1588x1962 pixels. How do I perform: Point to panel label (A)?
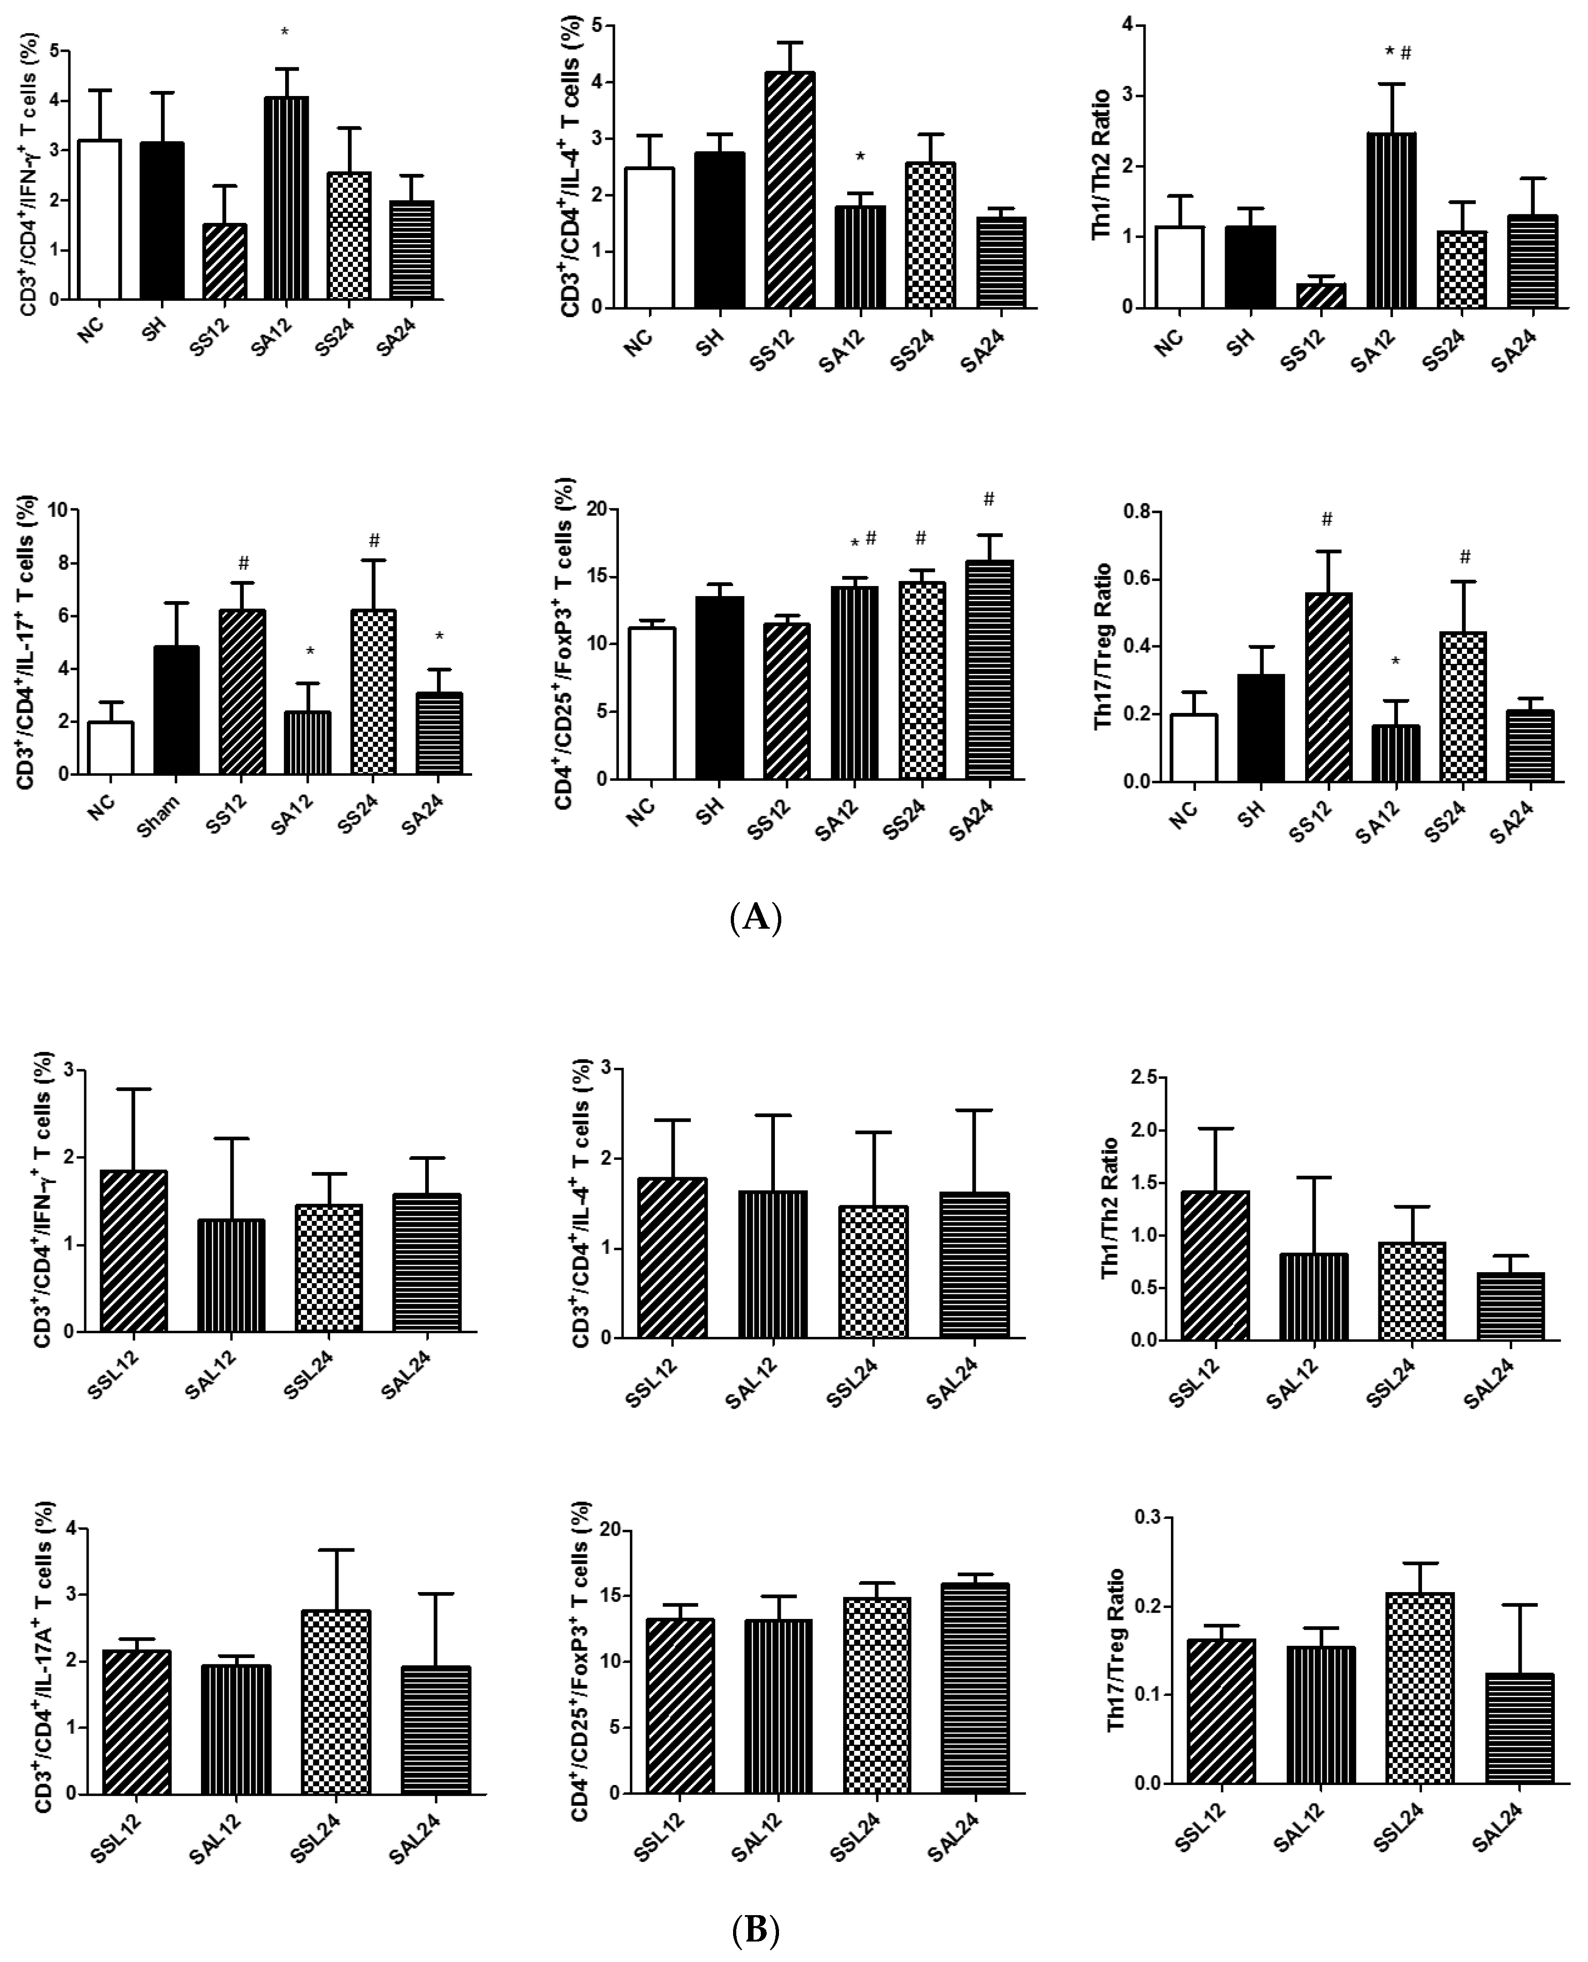tap(756, 916)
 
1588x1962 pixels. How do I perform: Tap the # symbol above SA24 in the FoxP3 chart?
tap(989, 499)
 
